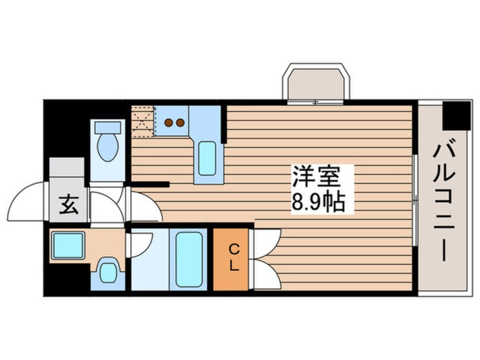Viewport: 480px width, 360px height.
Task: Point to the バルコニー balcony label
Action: (445, 202)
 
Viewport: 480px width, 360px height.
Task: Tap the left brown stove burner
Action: (169, 122)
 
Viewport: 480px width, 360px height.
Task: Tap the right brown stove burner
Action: (180, 122)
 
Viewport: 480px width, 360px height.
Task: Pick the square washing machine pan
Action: (68, 245)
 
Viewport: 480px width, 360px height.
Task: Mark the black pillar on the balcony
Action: (457, 114)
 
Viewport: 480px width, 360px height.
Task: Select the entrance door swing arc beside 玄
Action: (28, 199)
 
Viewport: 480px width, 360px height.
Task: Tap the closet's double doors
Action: (266, 258)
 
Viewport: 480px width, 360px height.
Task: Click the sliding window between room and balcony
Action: (416, 199)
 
